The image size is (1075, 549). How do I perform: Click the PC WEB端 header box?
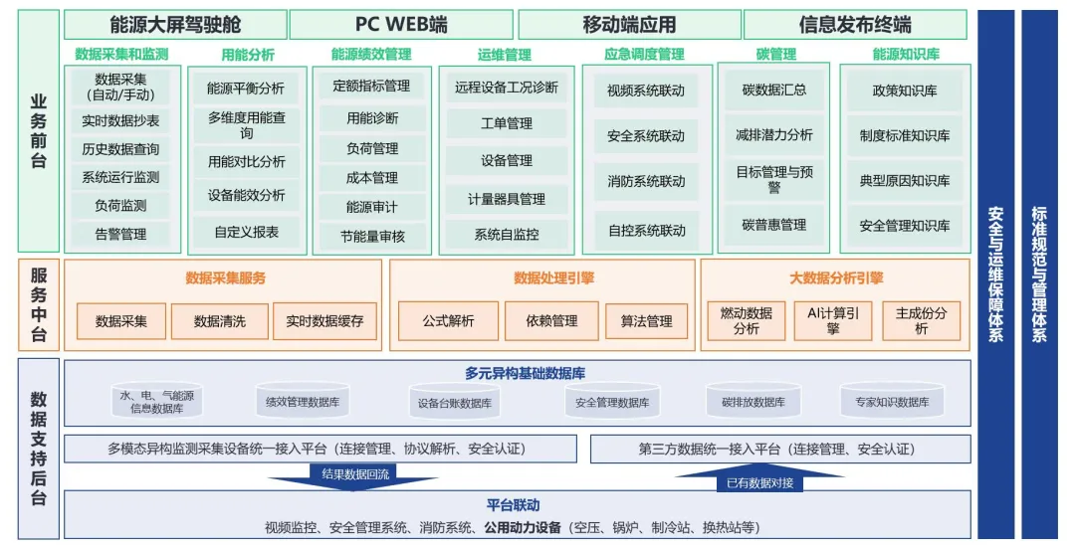click(401, 25)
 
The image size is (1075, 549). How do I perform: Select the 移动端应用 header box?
click(629, 25)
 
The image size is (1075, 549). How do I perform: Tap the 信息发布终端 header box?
click(855, 25)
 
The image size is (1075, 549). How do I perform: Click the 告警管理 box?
click(120, 235)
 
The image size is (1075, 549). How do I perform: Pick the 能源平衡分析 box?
click(246, 89)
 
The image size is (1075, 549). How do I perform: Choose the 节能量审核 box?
click(371, 237)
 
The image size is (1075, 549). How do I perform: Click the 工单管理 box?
click(506, 124)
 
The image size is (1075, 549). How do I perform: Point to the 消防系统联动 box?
click(646, 182)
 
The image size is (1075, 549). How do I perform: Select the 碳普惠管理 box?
click(774, 225)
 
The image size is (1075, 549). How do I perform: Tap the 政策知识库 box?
click(905, 91)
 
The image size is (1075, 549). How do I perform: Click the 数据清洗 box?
click(219, 321)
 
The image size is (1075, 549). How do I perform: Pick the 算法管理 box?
click(646, 321)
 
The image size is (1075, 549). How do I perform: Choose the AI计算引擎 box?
click(833, 320)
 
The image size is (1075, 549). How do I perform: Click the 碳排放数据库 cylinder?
click(753, 402)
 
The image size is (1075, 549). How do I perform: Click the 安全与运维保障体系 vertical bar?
click(995, 273)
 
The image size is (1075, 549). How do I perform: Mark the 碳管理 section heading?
click(775, 55)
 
